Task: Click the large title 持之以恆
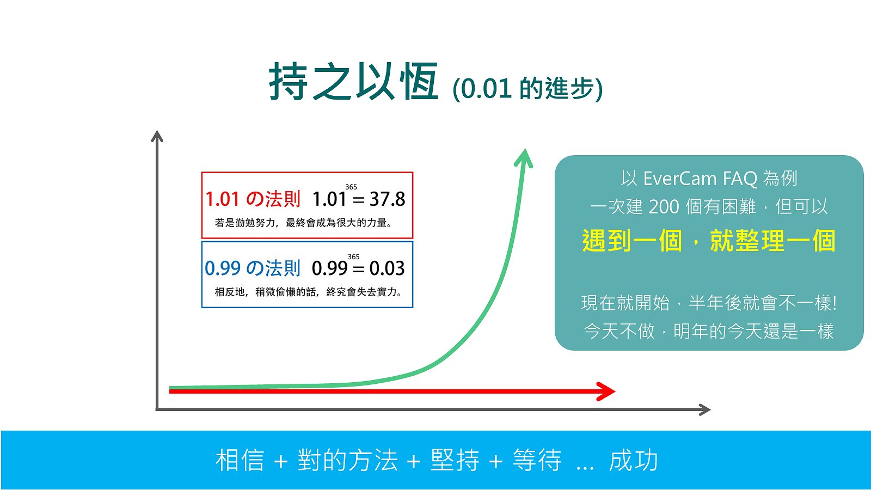[354, 82]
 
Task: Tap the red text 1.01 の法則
[253, 199]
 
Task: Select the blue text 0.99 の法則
[253, 268]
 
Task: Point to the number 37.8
[387, 199]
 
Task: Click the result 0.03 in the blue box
[387, 268]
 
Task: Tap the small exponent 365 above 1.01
[351, 187]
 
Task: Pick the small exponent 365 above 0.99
[353, 256]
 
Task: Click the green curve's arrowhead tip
[525, 149]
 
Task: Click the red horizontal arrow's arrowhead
[606, 391]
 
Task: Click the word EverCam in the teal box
[680, 179]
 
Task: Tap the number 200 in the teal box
[664, 207]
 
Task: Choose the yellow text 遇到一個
[632, 241]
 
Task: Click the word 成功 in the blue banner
[634, 461]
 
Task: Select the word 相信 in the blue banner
[240, 461]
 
